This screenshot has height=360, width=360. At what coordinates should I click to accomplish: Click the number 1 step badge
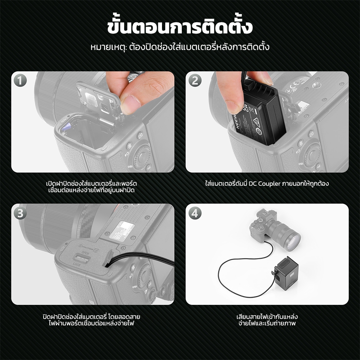pyautogui.click(x=20, y=81)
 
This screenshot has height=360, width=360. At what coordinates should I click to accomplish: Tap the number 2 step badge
pyautogui.click(x=195, y=81)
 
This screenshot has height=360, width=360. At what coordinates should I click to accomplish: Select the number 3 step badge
pyautogui.click(x=20, y=213)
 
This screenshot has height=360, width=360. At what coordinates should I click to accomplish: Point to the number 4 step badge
pyautogui.click(x=195, y=213)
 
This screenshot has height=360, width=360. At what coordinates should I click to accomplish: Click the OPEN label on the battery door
pyautogui.click(x=85, y=253)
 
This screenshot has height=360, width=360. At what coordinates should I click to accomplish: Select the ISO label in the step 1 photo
pyautogui.click(x=130, y=166)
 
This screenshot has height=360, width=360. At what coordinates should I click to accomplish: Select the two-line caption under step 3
pyautogui.click(x=91, y=320)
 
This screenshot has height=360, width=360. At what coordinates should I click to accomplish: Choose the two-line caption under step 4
pyautogui.click(x=267, y=320)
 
